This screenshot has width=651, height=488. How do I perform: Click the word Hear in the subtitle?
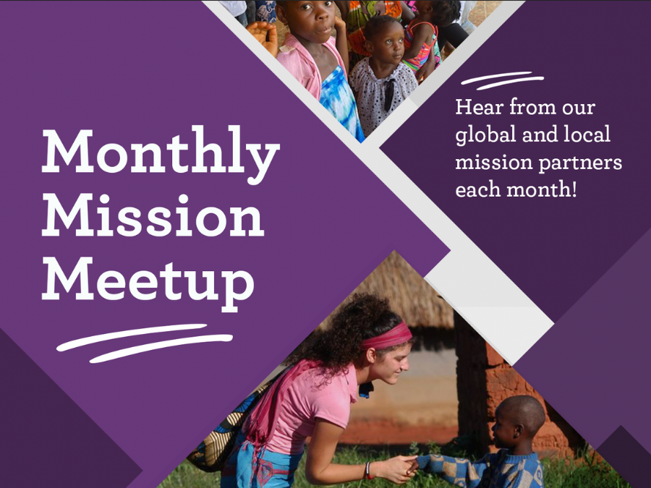(479, 108)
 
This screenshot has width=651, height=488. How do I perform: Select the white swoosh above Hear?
(502, 80)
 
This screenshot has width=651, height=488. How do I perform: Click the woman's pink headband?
(386, 335)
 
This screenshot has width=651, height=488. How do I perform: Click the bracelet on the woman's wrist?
(370, 471)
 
